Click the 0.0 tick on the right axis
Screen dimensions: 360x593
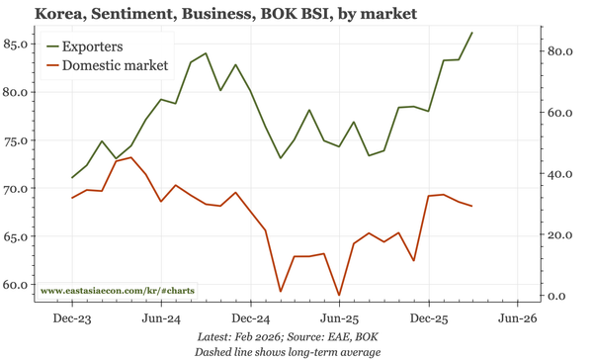coord(558,297)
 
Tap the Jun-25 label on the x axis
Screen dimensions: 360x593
coord(339,319)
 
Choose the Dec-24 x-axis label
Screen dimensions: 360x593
coord(250,319)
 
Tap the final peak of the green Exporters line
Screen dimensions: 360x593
coord(472,33)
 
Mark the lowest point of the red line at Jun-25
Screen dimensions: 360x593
coord(339,295)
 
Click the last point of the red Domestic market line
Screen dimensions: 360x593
coord(472,206)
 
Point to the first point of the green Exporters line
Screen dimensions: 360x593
coord(72,178)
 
